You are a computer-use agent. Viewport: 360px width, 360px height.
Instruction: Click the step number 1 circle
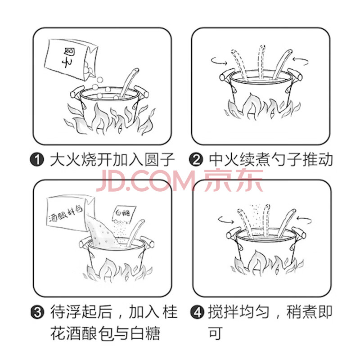(x=37, y=159)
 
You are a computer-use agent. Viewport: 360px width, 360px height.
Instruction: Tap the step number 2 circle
(x=196, y=159)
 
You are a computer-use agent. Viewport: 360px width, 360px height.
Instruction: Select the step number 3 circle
(x=37, y=312)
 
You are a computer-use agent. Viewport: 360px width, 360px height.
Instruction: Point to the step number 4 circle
(x=197, y=312)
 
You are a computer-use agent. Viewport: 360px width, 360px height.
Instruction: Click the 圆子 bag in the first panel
(x=71, y=59)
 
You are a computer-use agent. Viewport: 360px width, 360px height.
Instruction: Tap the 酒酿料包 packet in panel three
(x=69, y=213)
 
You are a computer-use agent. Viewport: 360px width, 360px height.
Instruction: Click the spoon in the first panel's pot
(x=129, y=82)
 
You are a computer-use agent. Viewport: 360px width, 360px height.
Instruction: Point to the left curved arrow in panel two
(x=219, y=61)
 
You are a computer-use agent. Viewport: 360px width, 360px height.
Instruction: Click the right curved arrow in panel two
(x=301, y=61)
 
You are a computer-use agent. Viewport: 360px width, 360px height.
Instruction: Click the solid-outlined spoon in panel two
(x=282, y=64)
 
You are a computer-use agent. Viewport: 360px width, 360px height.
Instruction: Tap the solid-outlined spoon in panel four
(x=287, y=223)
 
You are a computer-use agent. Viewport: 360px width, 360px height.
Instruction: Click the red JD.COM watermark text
(x=180, y=180)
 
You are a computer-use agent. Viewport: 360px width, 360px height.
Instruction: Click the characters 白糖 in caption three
(x=145, y=333)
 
